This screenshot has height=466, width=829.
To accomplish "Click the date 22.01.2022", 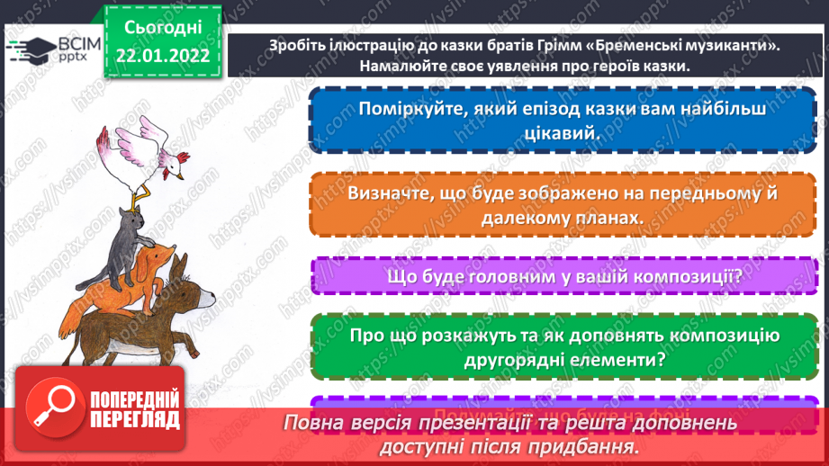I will [163, 55].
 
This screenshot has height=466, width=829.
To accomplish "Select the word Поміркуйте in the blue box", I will [405, 110].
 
